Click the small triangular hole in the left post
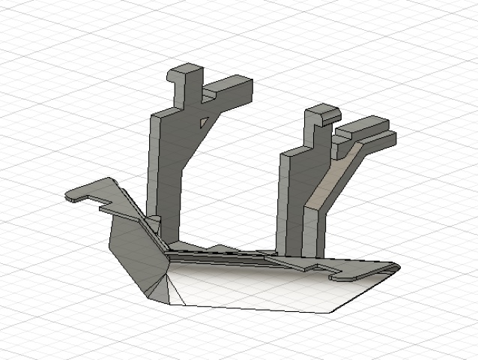click(202, 120)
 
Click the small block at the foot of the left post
click(154, 223)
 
